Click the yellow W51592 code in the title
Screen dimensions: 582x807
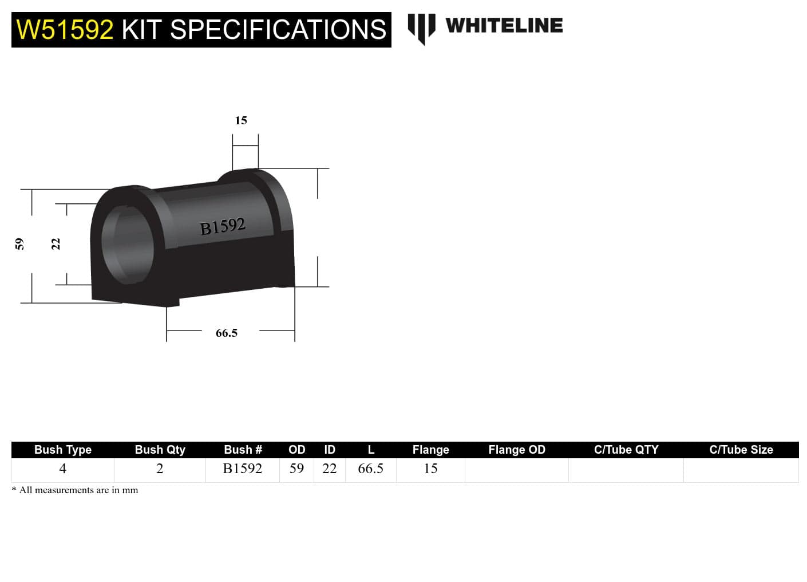pyautogui.click(x=65, y=29)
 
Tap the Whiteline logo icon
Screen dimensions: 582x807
pyautogui.click(x=421, y=27)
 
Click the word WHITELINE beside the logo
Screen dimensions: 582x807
pyautogui.click(x=504, y=26)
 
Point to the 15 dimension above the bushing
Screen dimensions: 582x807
pyautogui.click(x=241, y=120)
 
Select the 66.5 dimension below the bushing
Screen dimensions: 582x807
pyautogui.click(x=227, y=333)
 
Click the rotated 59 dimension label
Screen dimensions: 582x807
pyautogui.click(x=19, y=244)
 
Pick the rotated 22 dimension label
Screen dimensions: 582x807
pyautogui.click(x=56, y=244)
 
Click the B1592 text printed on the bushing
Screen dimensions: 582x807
pyautogui.click(x=223, y=227)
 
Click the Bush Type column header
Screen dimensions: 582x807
pyautogui.click(x=63, y=450)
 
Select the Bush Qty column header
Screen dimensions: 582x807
pyautogui.click(x=160, y=450)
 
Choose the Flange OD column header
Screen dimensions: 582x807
pyautogui.click(x=516, y=450)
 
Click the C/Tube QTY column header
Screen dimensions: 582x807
pyautogui.click(x=626, y=450)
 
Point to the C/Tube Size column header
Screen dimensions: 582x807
pyautogui.click(x=741, y=450)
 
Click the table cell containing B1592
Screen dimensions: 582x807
pyautogui.click(x=243, y=469)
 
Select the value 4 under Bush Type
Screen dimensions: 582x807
pyautogui.click(x=63, y=469)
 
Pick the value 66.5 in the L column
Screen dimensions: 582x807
pyautogui.click(x=370, y=469)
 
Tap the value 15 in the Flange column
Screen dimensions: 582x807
pyautogui.click(x=430, y=469)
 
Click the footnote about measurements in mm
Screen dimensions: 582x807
pyautogui.click(x=75, y=490)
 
